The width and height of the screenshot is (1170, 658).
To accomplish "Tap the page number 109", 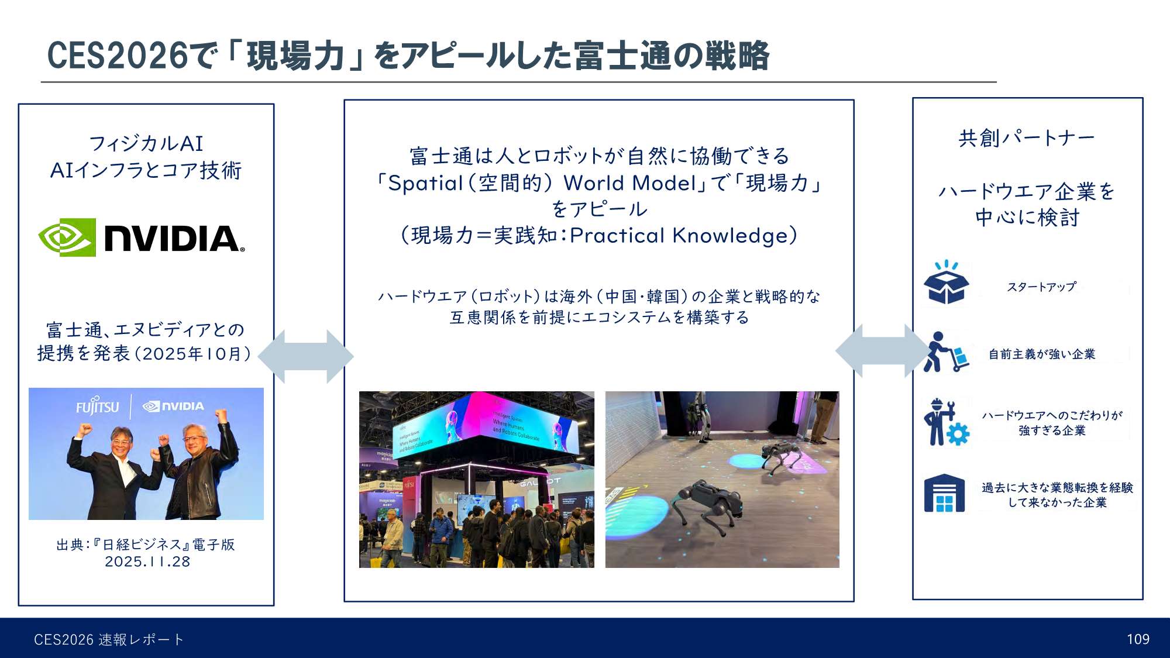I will pos(1138,639).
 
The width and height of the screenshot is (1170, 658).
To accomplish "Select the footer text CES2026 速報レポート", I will pos(109,639).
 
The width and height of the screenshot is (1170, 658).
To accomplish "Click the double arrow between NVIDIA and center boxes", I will pos(306,356).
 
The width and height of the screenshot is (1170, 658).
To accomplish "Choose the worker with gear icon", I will pos(946,422).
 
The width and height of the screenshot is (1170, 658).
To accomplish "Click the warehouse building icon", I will pos(944,494).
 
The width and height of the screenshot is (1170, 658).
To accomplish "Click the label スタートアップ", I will pos(1041,287).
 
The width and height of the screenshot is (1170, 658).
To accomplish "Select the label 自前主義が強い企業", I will pos(1042,354).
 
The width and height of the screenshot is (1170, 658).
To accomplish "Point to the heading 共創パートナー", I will pos(1027,138).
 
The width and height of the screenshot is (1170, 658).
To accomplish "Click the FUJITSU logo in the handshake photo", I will pos(98,406).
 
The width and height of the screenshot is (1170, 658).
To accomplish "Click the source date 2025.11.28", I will pos(147,561).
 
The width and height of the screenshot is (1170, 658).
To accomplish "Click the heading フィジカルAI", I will pos(146,143).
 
